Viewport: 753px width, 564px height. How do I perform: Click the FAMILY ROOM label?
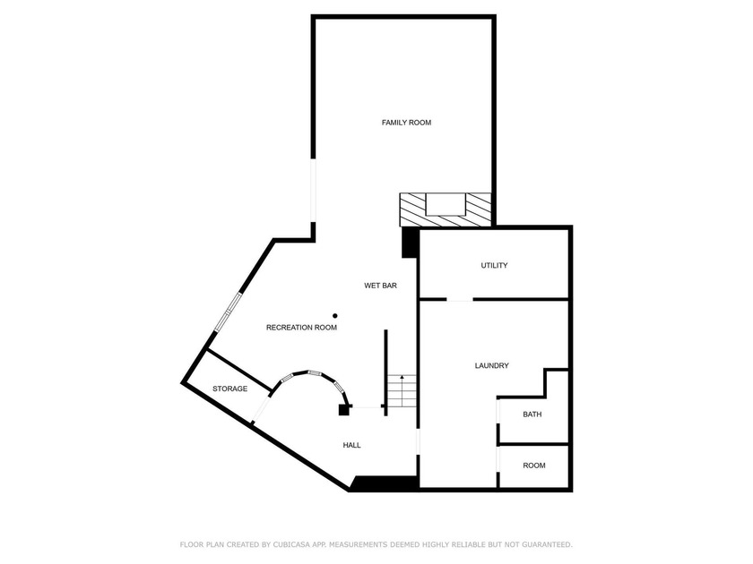click(x=406, y=123)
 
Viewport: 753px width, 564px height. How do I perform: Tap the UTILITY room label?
click(x=494, y=266)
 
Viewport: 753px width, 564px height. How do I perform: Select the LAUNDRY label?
click(x=491, y=366)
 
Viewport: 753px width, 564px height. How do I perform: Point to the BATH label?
click(x=532, y=414)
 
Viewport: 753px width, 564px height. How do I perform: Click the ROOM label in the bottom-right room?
click(x=534, y=466)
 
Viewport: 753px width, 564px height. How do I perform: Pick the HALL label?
click(x=351, y=445)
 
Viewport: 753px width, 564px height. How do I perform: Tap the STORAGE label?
click(x=229, y=389)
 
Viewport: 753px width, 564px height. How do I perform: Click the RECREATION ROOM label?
click(x=301, y=328)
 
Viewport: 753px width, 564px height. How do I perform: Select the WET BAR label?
click(x=380, y=286)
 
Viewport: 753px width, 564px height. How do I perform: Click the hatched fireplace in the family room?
click(x=446, y=209)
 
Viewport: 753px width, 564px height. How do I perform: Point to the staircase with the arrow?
click(x=402, y=392)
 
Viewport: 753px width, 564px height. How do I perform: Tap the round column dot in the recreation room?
click(x=335, y=315)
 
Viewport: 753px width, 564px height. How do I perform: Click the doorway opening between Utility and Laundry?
click(x=459, y=299)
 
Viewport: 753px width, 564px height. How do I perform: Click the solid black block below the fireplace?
click(x=410, y=243)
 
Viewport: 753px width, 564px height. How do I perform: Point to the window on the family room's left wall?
click(x=313, y=192)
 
